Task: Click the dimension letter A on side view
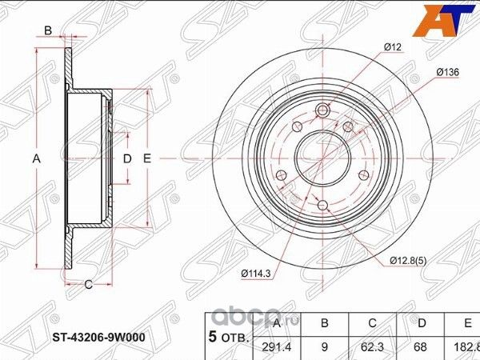pyautogui.click(x=36, y=159)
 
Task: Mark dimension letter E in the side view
pyautogui.click(x=146, y=159)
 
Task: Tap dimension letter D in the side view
pyautogui.click(x=126, y=159)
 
